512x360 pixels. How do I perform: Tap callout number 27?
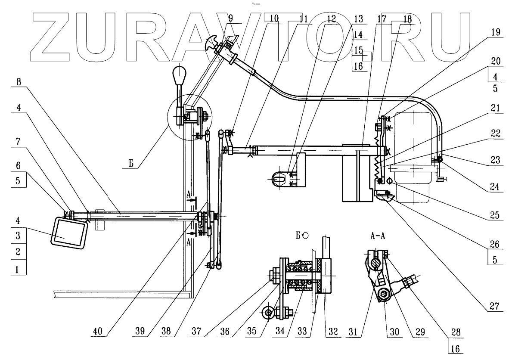click(497, 307)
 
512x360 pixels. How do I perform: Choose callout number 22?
click(497, 134)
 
